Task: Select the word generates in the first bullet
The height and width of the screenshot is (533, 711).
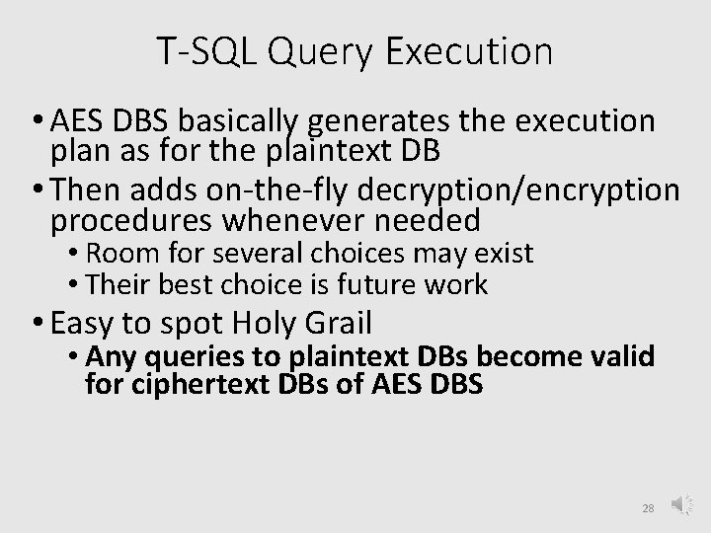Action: (380, 123)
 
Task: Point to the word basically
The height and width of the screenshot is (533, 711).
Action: (239, 123)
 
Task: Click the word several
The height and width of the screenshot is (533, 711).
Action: (239, 254)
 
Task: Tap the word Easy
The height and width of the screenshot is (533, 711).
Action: (85, 322)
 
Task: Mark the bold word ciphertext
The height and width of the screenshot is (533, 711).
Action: (187, 383)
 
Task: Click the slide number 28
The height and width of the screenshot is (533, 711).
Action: (648, 507)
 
